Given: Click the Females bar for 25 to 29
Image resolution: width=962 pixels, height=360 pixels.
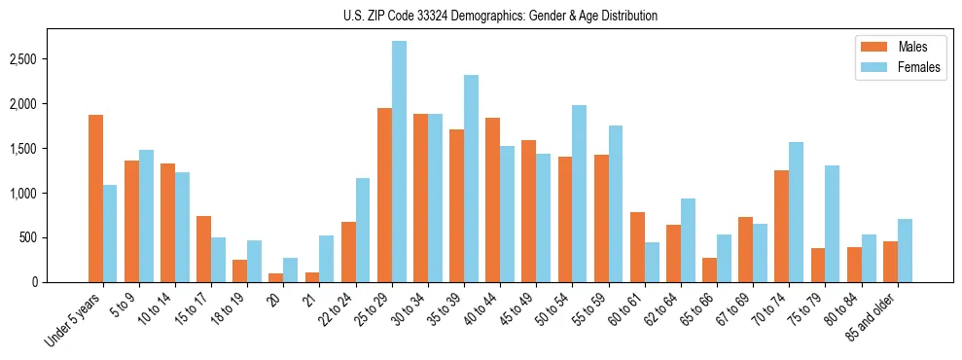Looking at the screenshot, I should click(399, 162).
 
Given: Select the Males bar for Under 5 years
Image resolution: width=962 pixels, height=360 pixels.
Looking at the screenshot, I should click(95, 198).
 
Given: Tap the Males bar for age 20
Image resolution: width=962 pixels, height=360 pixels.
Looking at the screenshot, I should click(276, 277).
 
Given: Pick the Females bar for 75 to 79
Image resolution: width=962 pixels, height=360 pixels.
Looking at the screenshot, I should click(832, 224).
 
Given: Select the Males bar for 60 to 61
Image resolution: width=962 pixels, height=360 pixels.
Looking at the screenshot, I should click(637, 247).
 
